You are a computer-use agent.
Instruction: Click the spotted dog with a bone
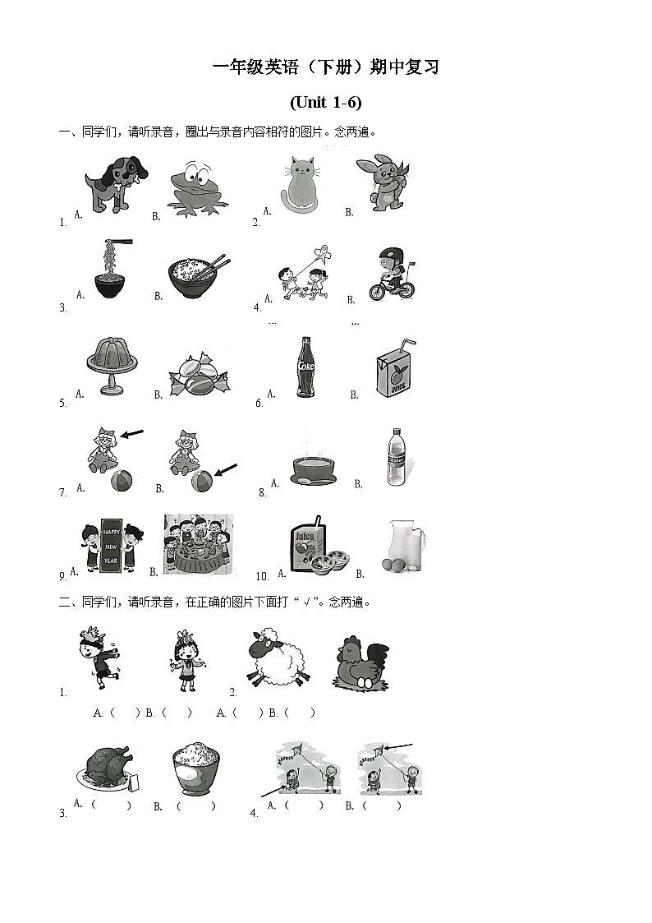tap(117, 183)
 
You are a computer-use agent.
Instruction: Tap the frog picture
tap(197, 188)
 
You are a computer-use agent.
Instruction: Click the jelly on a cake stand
tap(112, 366)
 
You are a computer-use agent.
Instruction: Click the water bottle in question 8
tap(397, 457)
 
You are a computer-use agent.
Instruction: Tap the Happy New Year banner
tap(111, 545)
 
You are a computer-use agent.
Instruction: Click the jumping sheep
tap(277, 657)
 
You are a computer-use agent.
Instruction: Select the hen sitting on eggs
tap(362, 662)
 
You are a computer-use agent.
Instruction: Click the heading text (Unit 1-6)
tap(326, 103)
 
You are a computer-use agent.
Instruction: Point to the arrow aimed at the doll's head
tap(132, 434)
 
